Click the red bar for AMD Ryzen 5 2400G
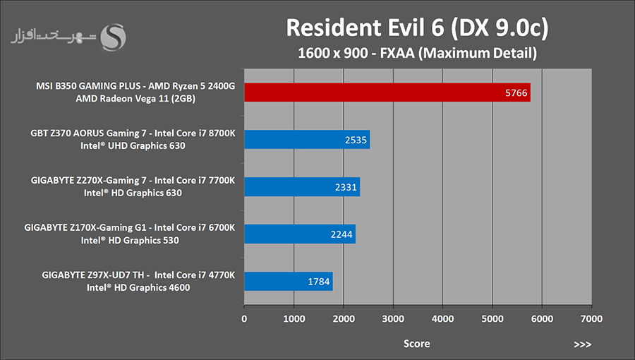click(387, 92)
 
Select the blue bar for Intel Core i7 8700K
click(307, 140)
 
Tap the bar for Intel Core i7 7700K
click(302, 186)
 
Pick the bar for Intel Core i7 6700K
click(300, 234)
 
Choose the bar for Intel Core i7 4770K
click(289, 282)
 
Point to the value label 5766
click(516, 92)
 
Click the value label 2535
click(356, 140)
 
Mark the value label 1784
click(319, 282)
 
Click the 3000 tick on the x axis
click(393, 318)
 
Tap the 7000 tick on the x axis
click(592, 318)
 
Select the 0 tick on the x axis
click(244, 318)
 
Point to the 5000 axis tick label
click(492, 318)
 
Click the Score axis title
click(417, 344)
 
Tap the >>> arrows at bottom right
click(582, 344)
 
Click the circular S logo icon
click(113, 37)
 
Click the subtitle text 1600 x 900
click(333, 53)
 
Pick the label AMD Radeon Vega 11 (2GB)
click(135, 98)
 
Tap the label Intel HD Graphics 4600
click(138, 287)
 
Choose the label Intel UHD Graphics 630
click(133, 146)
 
